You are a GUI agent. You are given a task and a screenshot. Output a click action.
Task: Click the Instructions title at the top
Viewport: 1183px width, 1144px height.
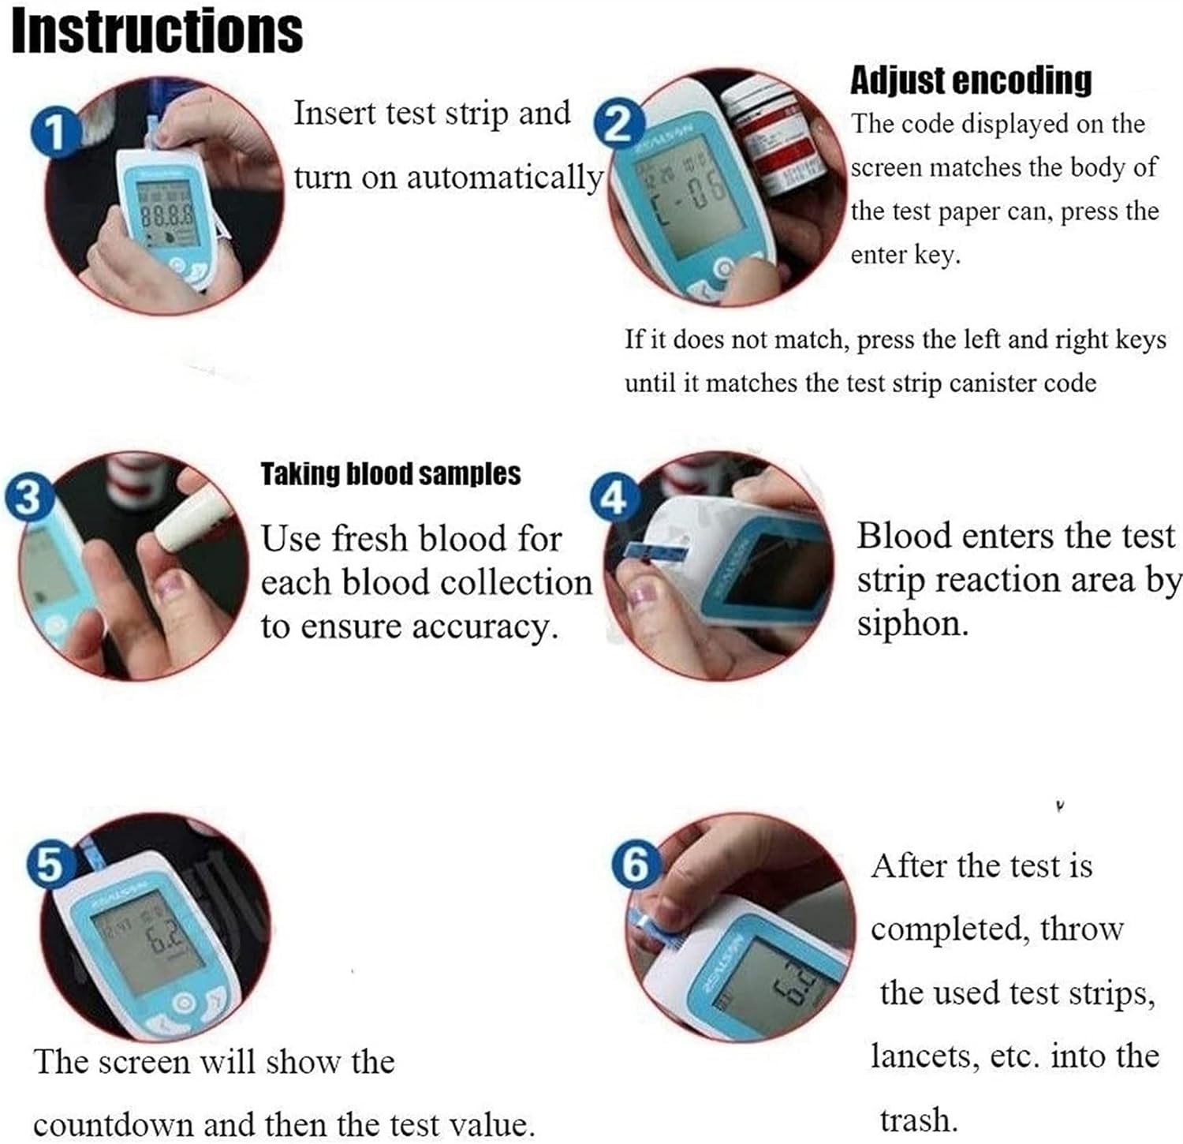[157, 32]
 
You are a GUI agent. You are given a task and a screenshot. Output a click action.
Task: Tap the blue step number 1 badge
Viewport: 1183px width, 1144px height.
[54, 132]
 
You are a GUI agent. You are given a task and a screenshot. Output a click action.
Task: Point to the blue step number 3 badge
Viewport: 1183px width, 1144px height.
[29, 499]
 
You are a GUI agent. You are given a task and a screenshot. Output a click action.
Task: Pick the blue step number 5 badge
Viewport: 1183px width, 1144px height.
[50, 865]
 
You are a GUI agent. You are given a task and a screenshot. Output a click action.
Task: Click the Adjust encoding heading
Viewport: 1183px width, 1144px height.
[971, 80]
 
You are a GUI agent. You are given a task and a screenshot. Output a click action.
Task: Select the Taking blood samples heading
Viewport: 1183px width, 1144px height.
[390, 474]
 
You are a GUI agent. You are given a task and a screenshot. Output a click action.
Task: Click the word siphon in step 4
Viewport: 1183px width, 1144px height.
[912, 624]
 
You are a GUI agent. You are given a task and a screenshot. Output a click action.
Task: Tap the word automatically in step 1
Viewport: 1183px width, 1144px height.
[504, 178]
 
